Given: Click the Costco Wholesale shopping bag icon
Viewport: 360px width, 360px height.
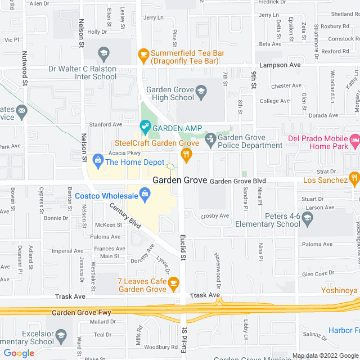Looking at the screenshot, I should coord(145,195).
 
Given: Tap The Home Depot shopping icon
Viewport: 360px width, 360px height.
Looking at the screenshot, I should coord(98,161).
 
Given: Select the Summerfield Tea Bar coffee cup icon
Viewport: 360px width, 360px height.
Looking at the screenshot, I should coord(143,55).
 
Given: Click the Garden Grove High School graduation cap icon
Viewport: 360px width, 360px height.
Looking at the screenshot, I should coord(201,90).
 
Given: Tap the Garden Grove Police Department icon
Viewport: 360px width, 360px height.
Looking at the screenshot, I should coord(210,138).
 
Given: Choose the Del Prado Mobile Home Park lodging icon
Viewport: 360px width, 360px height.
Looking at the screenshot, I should coord(354,138).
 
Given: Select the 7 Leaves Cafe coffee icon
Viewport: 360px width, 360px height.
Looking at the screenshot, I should coord(174,282).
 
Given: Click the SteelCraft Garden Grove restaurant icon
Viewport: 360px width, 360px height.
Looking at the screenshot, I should coord(184,154).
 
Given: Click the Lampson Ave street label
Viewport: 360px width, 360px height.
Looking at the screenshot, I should coord(287,65).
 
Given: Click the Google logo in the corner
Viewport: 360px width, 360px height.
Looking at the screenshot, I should coord(19,353).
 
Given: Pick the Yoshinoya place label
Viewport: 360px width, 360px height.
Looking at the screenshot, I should coord(339,291).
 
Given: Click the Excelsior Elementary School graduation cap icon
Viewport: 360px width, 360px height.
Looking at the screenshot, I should coord(61,336).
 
